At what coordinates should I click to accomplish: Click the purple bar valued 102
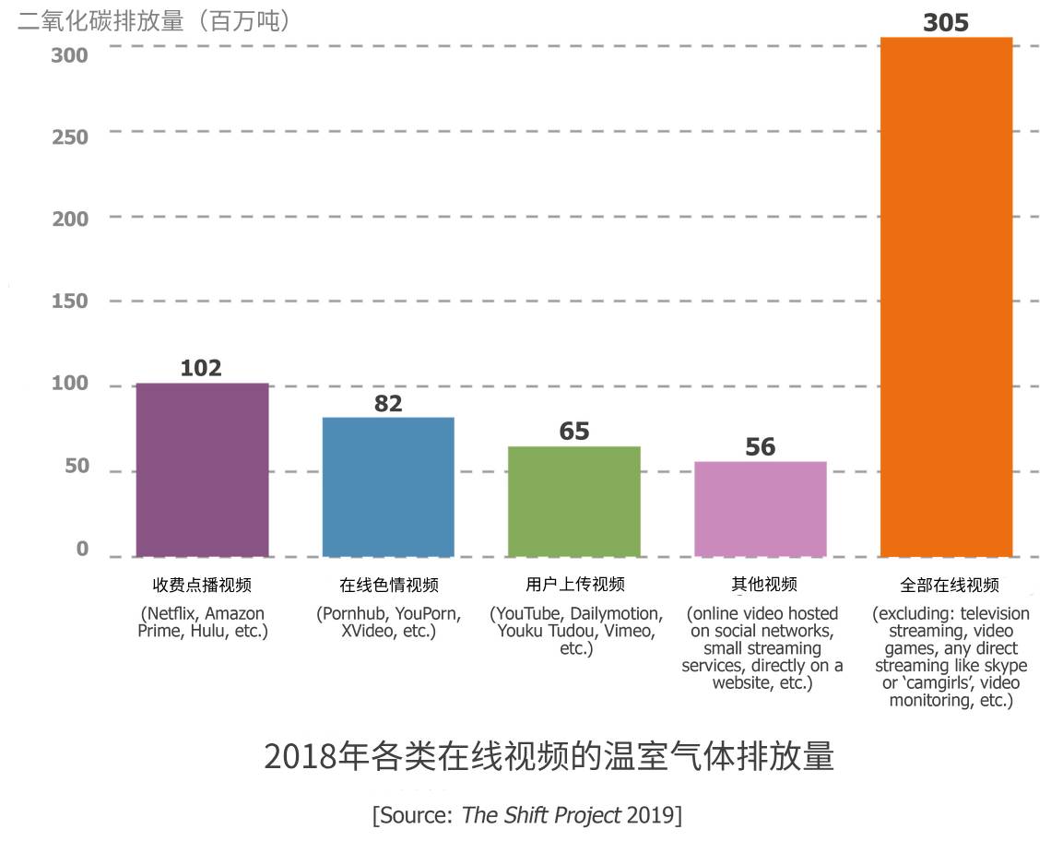(x=202, y=469)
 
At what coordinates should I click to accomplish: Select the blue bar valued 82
(x=388, y=487)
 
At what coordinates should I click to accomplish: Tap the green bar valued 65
(x=573, y=502)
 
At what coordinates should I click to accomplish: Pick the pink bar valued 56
(x=760, y=509)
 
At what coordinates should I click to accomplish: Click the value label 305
(x=946, y=22)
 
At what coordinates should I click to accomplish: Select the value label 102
(x=201, y=368)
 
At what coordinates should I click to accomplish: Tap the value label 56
(x=760, y=447)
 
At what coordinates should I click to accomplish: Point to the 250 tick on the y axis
(x=70, y=137)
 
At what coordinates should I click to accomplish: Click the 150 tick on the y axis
(x=70, y=302)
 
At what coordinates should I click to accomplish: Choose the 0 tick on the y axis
(x=82, y=550)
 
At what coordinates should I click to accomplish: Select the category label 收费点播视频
(x=202, y=585)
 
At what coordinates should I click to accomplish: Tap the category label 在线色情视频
(x=388, y=585)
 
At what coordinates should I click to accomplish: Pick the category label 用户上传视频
(x=575, y=585)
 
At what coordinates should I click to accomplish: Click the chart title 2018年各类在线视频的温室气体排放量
(x=549, y=756)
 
